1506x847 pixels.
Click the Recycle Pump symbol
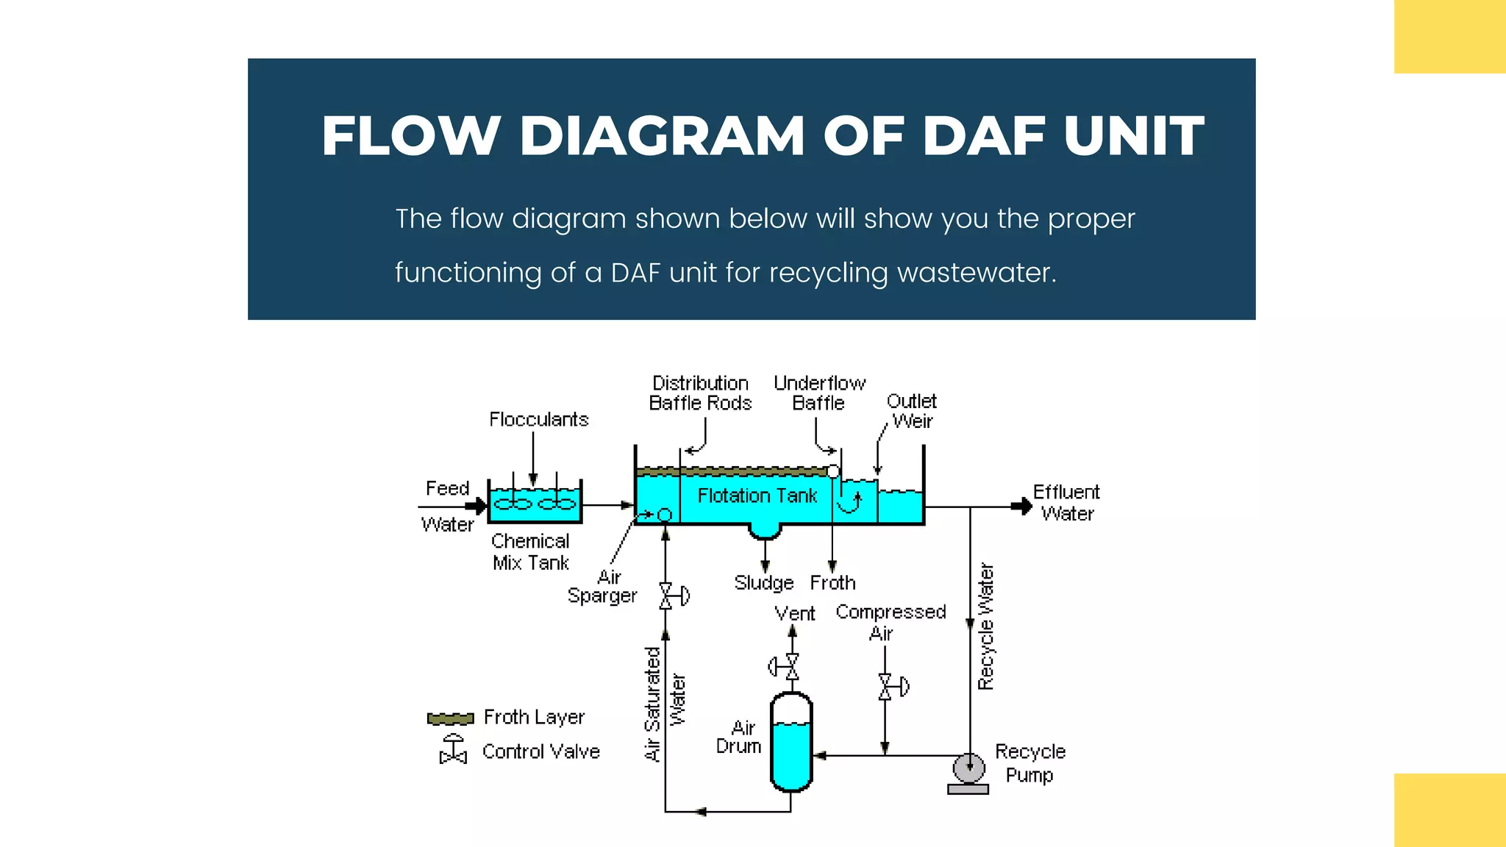click(x=968, y=769)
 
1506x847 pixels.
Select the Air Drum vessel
click(x=791, y=743)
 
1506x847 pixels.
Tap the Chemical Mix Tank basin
click(x=535, y=503)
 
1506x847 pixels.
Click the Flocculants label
click(x=539, y=419)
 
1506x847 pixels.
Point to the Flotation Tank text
click(x=757, y=496)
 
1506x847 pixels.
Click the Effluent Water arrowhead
click(x=1023, y=507)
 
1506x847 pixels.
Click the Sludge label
click(x=764, y=583)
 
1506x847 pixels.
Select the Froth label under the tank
click(x=832, y=583)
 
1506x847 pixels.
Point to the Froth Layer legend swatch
click(x=450, y=718)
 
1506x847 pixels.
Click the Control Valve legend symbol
click(x=453, y=750)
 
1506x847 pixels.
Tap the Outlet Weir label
click(x=912, y=411)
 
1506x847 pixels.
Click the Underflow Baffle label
click(x=819, y=393)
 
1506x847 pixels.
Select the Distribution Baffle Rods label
click(x=700, y=393)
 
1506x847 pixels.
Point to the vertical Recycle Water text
click(x=986, y=626)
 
